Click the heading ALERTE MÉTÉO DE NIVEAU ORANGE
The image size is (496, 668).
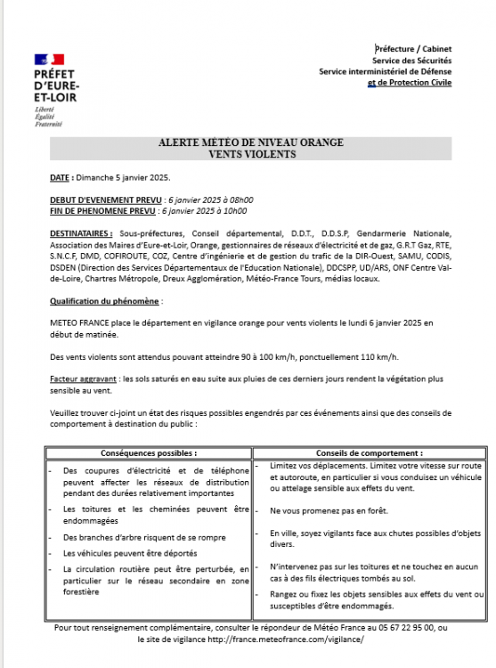[250, 143]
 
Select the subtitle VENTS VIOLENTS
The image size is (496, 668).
[250, 154]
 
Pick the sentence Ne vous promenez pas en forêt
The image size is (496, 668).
[319, 511]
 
